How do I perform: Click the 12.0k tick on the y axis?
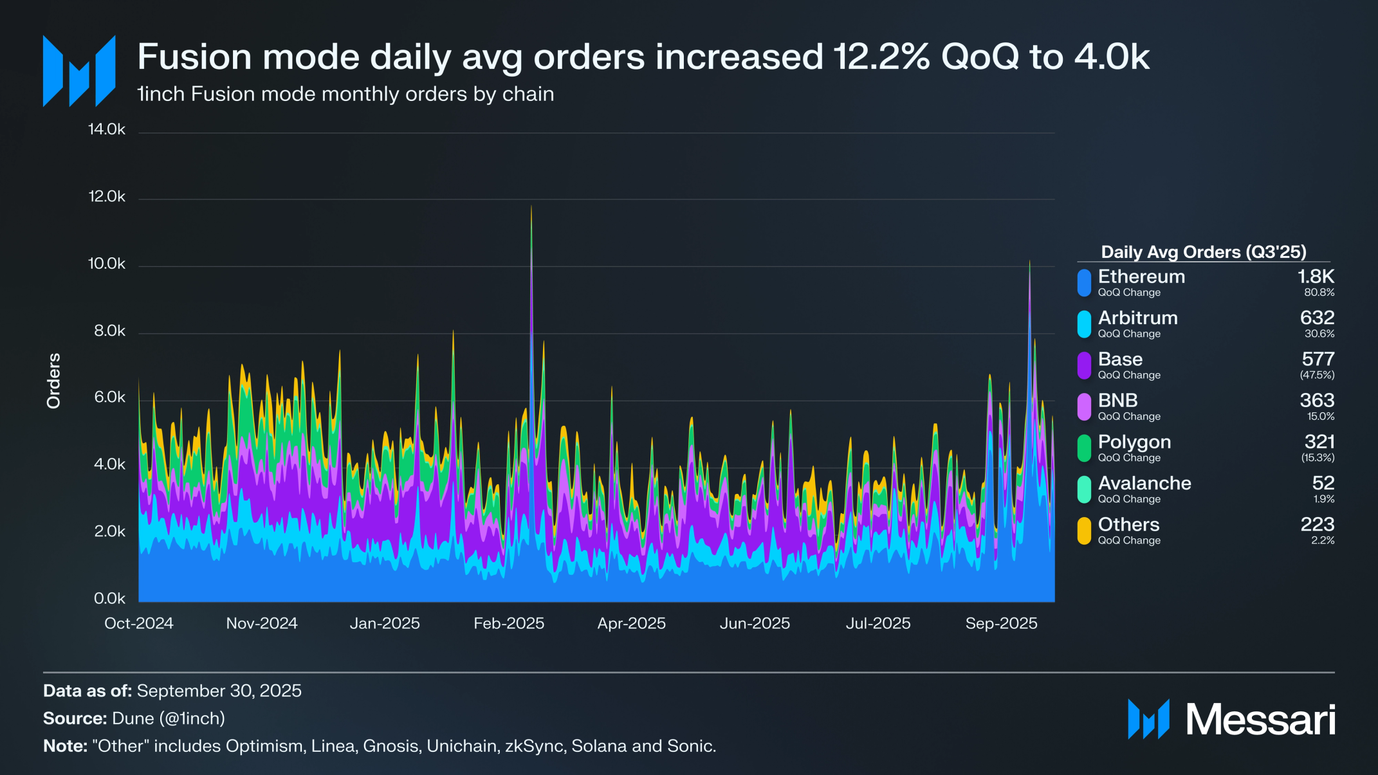click(107, 197)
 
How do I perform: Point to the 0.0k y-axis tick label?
click(109, 599)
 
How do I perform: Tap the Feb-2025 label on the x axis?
click(509, 623)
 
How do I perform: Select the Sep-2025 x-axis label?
click(1001, 623)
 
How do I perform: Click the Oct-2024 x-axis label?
click(139, 623)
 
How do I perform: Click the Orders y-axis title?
click(53, 380)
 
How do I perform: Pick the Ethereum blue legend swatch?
click(1084, 283)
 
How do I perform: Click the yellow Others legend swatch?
click(1084, 531)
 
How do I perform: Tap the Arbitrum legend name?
click(1137, 318)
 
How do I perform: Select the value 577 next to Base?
click(1318, 359)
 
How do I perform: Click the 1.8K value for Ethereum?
click(1316, 277)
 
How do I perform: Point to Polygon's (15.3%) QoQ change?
click(1318, 458)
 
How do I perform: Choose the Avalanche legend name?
click(1144, 483)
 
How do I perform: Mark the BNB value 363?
click(1317, 400)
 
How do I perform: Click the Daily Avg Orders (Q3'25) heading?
click(1203, 252)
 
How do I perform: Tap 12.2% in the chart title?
click(881, 57)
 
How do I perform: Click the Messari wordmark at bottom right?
click(1260, 719)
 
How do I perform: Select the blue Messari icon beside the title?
click(79, 71)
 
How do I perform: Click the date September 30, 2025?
click(219, 691)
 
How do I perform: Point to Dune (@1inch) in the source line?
click(169, 718)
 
